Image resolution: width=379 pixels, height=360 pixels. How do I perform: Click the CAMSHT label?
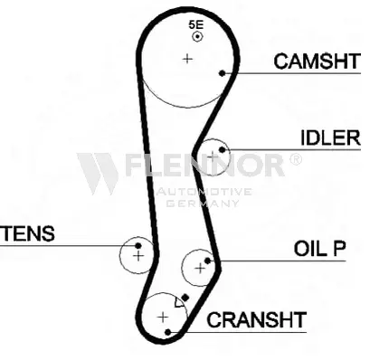click(317, 62)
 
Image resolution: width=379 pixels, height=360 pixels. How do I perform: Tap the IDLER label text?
click(331, 138)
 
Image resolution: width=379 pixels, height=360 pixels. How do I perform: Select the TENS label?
click(28, 233)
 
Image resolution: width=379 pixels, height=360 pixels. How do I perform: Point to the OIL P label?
click(320, 249)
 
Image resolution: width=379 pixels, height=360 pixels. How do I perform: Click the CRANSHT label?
click(257, 320)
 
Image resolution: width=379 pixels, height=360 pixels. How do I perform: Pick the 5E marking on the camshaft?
click(196, 24)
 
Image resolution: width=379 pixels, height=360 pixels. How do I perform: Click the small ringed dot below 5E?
click(197, 37)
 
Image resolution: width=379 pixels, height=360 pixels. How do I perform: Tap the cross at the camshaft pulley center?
click(187, 59)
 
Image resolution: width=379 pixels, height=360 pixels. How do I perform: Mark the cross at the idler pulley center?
click(213, 156)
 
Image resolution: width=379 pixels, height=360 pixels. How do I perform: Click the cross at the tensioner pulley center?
click(138, 256)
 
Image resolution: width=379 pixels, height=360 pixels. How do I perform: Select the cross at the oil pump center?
click(200, 268)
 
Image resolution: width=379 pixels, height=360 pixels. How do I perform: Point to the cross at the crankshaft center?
click(163, 317)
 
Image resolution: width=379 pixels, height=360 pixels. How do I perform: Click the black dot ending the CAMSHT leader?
click(223, 73)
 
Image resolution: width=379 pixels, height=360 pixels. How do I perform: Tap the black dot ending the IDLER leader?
click(223, 149)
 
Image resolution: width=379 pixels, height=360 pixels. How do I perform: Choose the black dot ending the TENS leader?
click(138, 246)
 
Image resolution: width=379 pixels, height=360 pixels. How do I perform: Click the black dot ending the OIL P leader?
click(207, 261)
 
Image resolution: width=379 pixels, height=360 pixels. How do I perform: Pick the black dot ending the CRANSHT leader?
click(168, 332)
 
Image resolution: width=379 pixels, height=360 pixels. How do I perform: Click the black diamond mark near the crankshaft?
click(185, 298)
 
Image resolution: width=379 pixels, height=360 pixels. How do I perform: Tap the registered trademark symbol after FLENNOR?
click(296, 159)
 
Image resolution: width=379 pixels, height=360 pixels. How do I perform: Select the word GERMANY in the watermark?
click(203, 204)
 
